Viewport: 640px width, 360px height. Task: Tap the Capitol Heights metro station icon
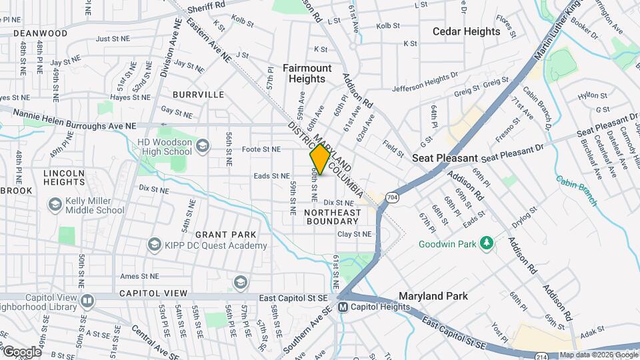pyautogui.click(x=343, y=307)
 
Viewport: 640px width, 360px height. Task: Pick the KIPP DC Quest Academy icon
pyautogui.click(x=155, y=245)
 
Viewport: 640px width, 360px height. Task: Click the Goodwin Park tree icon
pyautogui.click(x=487, y=243)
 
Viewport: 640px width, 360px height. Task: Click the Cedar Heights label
pyautogui.click(x=466, y=31)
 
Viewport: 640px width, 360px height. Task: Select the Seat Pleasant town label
pyautogui.click(x=445, y=158)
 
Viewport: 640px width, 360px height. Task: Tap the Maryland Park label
pyautogui.click(x=433, y=295)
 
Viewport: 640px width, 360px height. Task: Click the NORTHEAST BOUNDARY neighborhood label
pyautogui.click(x=332, y=217)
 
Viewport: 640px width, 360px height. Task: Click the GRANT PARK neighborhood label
pyautogui.click(x=221, y=235)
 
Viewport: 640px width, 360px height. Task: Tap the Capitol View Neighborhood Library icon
pyautogui.click(x=86, y=301)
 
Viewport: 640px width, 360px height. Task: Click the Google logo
pyautogui.click(x=21, y=351)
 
